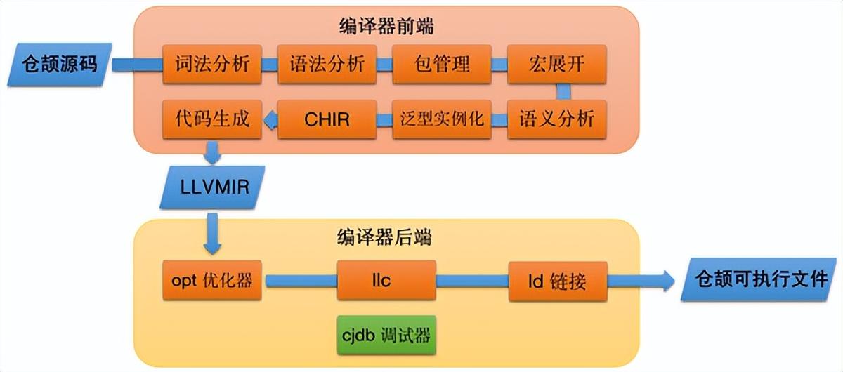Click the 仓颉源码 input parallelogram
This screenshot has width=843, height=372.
tap(60, 65)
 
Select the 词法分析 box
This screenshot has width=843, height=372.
tap(212, 64)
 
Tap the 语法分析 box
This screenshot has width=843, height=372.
tap(327, 64)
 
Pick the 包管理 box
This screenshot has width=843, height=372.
tap(442, 64)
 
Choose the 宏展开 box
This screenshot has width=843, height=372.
tap(556, 64)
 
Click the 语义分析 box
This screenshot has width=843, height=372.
tap(556, 119)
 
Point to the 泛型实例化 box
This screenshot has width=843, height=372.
tap(442, 119)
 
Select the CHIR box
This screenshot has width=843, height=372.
tap(327, 119)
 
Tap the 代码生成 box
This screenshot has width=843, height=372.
tap(212, 119)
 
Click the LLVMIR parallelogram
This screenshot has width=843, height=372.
tap(213, 187)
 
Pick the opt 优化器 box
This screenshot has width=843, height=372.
tap(212, 280)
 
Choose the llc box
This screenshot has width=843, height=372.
tap(386, 280)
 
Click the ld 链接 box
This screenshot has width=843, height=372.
tap(558, 281)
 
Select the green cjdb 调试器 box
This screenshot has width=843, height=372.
tap(386, 335)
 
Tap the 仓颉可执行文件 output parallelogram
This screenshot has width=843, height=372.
tap(759, 279)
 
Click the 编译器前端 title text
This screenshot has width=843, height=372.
tap(386, 27)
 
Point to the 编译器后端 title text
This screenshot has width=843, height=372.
tap(384, 238)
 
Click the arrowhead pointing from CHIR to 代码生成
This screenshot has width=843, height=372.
tap(270, 120)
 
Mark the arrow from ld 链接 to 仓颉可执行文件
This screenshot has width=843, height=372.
tap(641, 281)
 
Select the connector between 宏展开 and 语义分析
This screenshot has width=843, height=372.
tap(563, 92)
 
